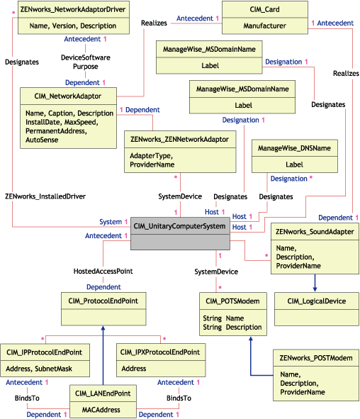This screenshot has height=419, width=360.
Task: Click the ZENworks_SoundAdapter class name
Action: click(315, 232)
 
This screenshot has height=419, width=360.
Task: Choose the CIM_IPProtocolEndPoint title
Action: click(44, 352)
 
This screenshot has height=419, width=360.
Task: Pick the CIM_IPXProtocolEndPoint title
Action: click(159, 352)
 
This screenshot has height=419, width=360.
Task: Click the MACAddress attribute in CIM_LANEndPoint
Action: click(102, 409)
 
